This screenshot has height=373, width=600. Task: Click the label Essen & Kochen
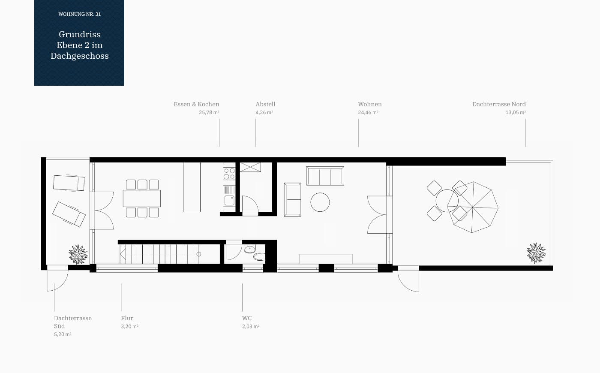(x=196, y=104)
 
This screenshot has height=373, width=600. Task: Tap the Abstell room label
(x=265, y=104)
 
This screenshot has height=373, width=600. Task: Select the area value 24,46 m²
(x=368, y=112)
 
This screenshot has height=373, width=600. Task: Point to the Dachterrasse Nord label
(x=499, y=104)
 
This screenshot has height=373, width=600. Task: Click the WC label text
(x=247, y=318)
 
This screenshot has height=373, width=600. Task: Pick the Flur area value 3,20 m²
(x=129, y=326)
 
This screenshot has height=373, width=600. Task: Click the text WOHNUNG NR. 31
(x=80, y=14)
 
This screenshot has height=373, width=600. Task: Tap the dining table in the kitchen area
(x=142, y=198)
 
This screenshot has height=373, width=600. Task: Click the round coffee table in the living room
(x=320, y=202)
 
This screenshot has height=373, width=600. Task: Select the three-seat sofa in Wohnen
(x=325, y=176)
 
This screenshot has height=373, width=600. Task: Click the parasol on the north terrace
(x=473, y=207)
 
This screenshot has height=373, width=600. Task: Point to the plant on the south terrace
(x=78, y=254)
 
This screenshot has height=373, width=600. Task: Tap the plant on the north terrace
(x=536, y=253)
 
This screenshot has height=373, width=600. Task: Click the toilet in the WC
(x=259, y=257)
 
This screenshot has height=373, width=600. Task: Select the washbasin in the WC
(x=249, y=249)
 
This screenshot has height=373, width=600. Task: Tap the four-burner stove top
(x=229, y=173)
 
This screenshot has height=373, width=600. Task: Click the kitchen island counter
(x=192, y=187)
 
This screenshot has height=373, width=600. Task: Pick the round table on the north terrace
(x=447, y=201)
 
